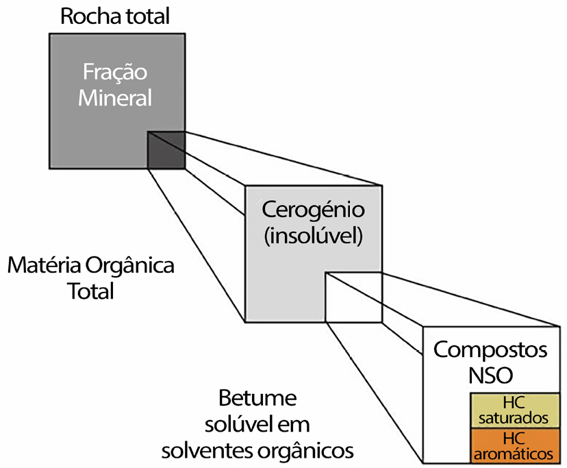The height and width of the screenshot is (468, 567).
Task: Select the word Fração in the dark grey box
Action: click(x=114, y=73)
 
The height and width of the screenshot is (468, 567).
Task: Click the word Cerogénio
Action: click(x=313, y=210)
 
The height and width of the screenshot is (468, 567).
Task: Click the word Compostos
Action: click(x=491, y=351)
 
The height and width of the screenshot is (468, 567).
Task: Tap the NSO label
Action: click(x=490, y=375)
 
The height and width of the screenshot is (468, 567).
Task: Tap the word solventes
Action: click(x=205, y=450)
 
